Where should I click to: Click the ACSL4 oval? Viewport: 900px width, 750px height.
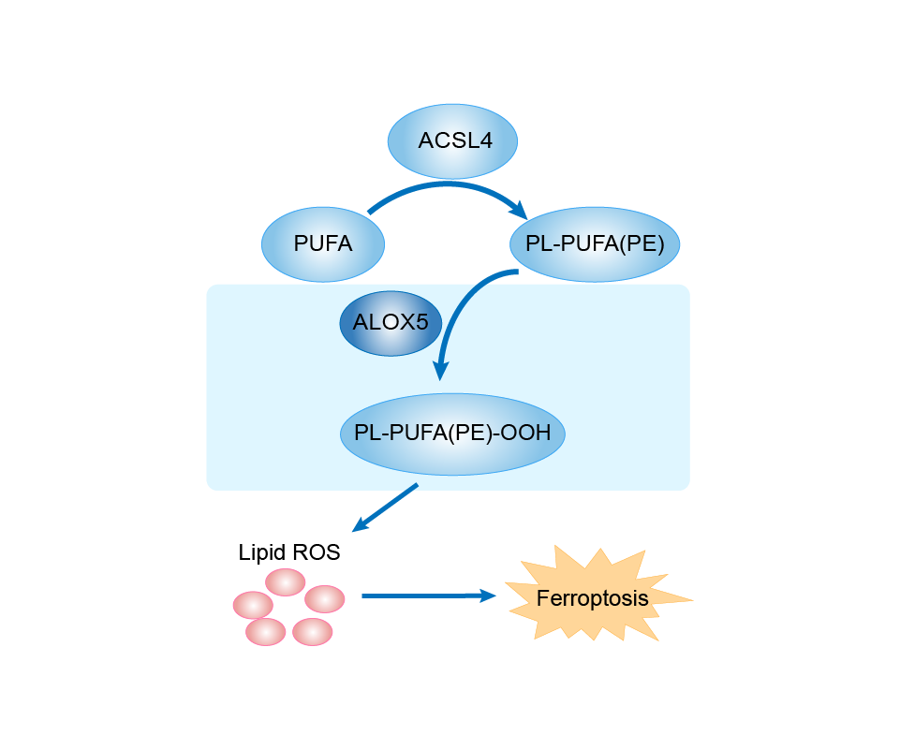click(x=453, y=141)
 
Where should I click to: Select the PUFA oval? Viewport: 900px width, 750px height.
click(x=323, y=244)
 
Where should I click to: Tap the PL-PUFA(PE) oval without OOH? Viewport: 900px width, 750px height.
click(x=595, y=244)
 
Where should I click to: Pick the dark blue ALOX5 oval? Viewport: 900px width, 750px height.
click(x=391, y=323)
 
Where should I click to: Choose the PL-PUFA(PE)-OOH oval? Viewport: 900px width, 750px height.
click(x=452, y=434)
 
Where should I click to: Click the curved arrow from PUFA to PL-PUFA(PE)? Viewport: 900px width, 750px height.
click(x=450, y=185)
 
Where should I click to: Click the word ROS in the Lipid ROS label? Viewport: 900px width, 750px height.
click(x=318, y=552)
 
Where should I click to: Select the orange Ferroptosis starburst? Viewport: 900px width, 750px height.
click(x=593, y=596)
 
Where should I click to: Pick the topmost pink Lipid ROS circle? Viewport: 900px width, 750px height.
click(x=285, y=581)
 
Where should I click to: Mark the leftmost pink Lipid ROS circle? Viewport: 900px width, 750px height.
click(x=253, y=604)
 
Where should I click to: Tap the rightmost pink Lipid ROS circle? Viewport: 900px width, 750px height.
click(x=325, y=598)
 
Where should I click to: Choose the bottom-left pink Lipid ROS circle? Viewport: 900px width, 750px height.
click(x=266, y=632)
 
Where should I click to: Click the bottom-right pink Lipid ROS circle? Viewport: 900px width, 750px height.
click(x=312, y=632)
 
